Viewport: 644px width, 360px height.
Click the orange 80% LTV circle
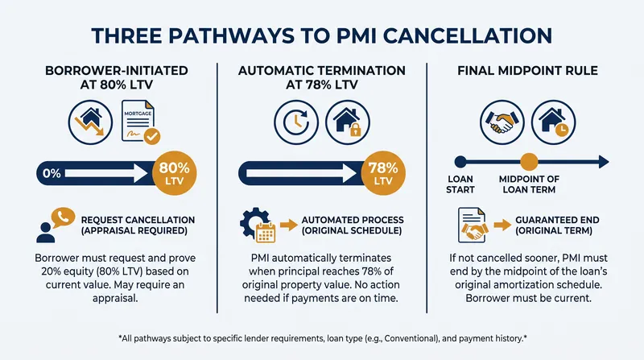tap(174, 173)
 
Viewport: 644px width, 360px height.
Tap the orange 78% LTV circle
tap(383, 173)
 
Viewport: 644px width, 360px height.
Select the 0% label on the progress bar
tap(52, 173)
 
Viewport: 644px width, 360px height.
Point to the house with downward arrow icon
tap(90, 122)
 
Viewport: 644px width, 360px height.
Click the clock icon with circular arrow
tap(296, 122)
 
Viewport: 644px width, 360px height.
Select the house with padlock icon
tap(348, 122)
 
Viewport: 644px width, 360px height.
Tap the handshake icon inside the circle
tap(502, 122)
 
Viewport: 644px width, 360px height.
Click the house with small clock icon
tap(553, 122)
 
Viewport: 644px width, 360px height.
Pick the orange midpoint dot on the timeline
tap(529, 162)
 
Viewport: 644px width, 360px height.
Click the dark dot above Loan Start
tap(460, 162)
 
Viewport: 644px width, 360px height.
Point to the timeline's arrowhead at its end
tap(609, 162)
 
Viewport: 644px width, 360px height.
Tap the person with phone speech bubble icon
tap(56, 225)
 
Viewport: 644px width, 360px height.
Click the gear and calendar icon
tap(258, 225)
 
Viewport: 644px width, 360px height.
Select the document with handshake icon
tap(473, 225)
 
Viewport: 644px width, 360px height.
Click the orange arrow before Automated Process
tap(289, 225)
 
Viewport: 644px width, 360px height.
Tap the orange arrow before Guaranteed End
tap(502, 225)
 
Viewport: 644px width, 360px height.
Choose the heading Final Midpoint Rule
tap(527, 71)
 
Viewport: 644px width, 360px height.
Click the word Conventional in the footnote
tap(411, 338)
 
